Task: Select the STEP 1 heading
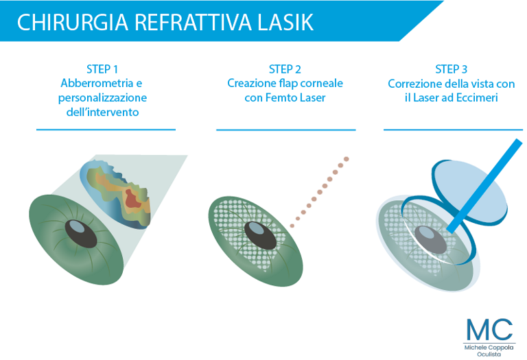coord(102,69)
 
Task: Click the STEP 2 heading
coord(285,69)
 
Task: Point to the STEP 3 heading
coord(451,69)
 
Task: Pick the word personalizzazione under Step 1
coord(102,98)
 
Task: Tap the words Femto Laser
coord(296,98)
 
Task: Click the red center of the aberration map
coord(132,199)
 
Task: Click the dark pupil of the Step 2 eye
coord(260,235)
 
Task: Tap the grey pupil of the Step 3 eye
coord(430,239)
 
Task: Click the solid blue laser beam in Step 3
coord(484,187)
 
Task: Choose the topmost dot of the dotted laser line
coord(346,159)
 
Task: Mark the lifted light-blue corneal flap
coord(469,191)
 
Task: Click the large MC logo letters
coord(489,329)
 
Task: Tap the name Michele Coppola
coord(489,348)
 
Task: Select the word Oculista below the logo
coord(489,355)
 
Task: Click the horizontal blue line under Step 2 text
coord(285,130)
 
